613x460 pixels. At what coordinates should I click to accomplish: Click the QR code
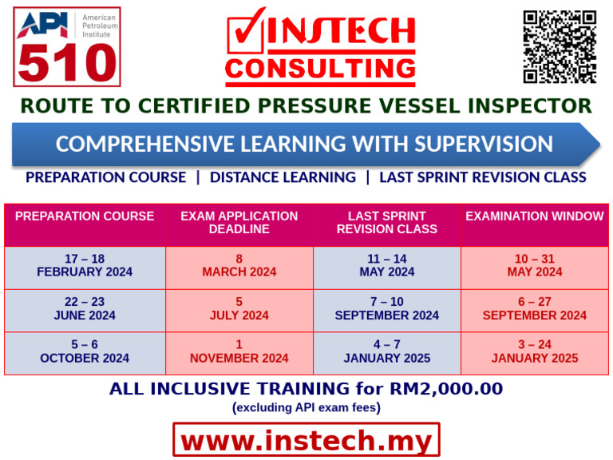click(560, 47)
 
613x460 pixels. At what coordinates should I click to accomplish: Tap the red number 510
click(67, 62)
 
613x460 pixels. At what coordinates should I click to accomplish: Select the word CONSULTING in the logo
click(320, 69)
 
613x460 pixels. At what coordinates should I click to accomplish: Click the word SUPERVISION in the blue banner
click(484, 144)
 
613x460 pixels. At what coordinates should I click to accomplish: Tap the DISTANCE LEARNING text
click(283, 177)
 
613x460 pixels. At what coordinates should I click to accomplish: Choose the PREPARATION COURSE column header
click(85, 216)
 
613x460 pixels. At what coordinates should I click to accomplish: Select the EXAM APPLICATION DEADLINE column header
click(239, 223)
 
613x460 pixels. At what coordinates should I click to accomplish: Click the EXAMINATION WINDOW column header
click(535, 216)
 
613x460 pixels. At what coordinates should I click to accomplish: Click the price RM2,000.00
click(446, 389)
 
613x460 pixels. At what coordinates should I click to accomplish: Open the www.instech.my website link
click(306, 440)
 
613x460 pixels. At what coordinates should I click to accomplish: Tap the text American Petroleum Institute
click(100, 26)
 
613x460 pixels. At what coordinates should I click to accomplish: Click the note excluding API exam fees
click(306, 407)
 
